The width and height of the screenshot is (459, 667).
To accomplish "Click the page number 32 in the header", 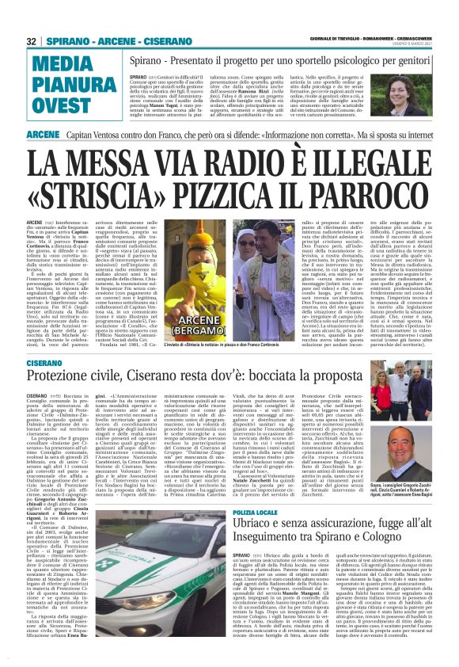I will [32, 40].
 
